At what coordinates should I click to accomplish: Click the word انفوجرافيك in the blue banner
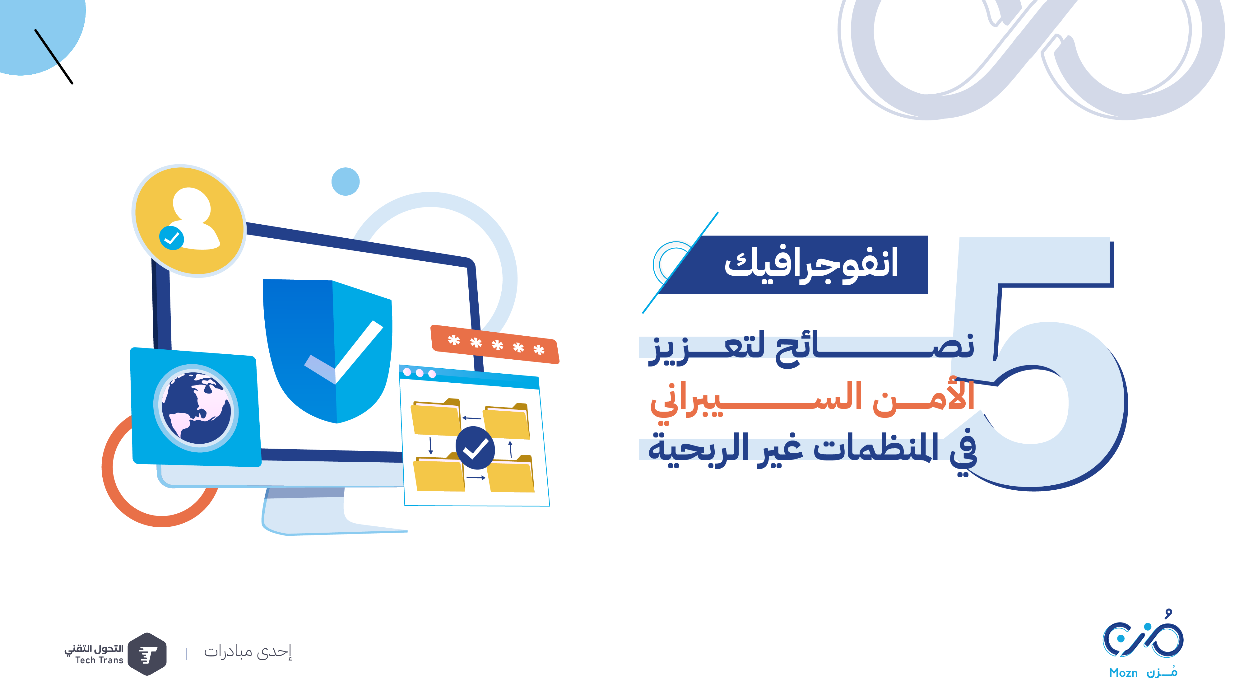811,265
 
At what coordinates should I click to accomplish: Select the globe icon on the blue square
196,408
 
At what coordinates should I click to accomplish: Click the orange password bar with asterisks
495,344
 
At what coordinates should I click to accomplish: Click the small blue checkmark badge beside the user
171,238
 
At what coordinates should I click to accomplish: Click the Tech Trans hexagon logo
148,654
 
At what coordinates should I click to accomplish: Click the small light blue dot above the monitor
345,182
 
